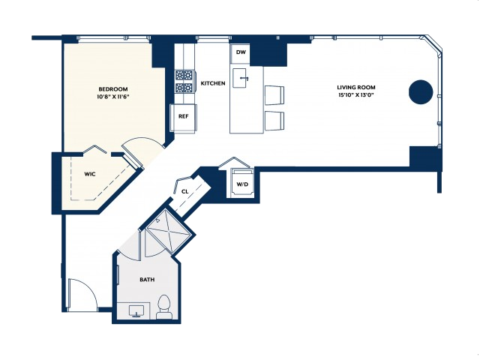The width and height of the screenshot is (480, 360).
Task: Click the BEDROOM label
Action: [113, 89]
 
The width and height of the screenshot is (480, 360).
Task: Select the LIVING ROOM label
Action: [356, 87]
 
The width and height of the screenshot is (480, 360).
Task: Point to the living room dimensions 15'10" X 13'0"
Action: [356, 95]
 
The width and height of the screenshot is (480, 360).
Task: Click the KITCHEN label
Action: [213, 83]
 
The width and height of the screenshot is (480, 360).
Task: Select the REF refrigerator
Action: [183, 118]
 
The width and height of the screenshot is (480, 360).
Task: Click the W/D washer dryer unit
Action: [242, 183]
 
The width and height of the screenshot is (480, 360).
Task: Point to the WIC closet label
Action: [90, 174]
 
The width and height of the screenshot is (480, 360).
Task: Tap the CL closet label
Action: [184, 192]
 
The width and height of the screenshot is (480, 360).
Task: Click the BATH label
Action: [147, 280]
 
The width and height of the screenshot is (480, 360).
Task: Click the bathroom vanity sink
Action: [136, 311]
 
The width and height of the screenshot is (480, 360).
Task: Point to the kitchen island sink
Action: [241, 78]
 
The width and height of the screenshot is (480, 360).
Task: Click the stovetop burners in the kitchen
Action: [184, 82]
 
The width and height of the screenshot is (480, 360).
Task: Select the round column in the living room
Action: [421, 92]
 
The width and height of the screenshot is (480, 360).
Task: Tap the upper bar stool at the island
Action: [274, 95]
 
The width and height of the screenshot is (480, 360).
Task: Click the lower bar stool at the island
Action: [274, 121]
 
